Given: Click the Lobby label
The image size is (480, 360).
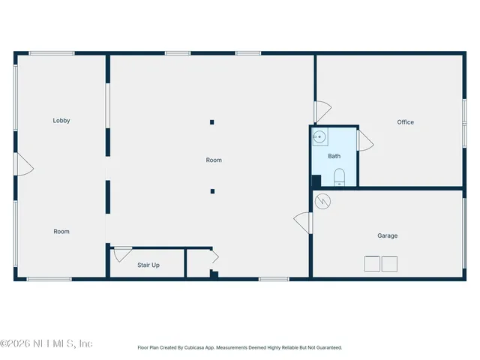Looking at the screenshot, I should (x=61, y=121).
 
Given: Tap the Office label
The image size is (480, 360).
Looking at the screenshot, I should (x=406, y=122).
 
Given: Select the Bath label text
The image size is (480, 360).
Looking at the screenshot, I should (x=334, y=156).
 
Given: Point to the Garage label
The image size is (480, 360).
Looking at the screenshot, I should (x=387, y=235).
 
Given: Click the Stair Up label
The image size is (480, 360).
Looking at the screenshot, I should (x=148, y=265).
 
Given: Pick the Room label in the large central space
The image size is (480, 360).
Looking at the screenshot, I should (x=214, y=160).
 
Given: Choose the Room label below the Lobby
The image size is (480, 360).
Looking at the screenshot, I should (x=61, y=232).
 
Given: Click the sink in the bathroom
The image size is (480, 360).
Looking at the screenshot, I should (x=319, y=136).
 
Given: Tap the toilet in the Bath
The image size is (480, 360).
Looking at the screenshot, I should (x=338, y=177).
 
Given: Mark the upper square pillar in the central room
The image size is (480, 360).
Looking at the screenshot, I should (x=212, y=122).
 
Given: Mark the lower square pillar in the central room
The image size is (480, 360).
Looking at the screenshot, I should (x=212, y=191).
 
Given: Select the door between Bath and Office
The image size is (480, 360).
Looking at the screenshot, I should (x=365, y=140).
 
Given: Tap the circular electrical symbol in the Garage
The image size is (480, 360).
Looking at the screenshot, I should (x=323, y=200).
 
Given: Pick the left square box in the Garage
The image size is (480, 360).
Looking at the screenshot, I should (x=372, y=264).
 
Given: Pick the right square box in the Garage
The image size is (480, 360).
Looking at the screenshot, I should (x=389, y=264).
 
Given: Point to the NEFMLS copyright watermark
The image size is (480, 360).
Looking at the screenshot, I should (x=46, y=343).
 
